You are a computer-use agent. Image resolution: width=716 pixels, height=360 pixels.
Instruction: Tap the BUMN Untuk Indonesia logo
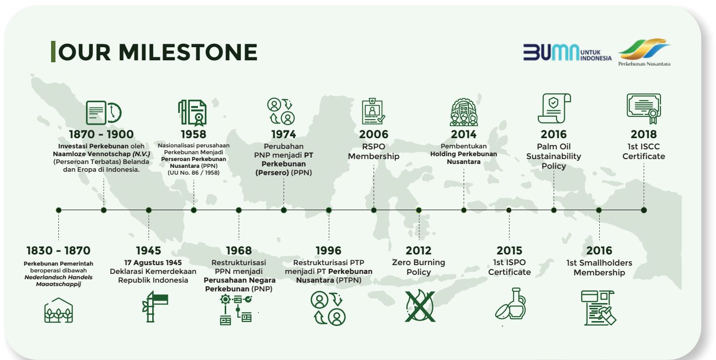[x=567, y=53]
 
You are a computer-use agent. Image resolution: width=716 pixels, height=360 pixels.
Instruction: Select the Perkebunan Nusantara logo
[x=644, y=52]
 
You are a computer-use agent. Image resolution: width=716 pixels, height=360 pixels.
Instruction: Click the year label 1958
[x=194, y=134]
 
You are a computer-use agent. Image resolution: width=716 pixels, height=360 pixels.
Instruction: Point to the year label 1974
[x=284, y=134]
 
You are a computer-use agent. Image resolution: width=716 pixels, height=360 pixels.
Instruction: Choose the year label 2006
[x=374, y=134]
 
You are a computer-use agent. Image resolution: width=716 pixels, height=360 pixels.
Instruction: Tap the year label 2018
[x=644, y=134]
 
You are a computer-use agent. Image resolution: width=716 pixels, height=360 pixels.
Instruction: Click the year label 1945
[x=149, y=251]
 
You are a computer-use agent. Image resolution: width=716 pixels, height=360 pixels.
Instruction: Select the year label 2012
[x=419, y=251]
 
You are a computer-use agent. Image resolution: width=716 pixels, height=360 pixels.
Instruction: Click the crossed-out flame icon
[x=420, y=306]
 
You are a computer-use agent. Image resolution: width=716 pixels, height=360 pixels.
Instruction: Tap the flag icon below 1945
[x=155, y=306]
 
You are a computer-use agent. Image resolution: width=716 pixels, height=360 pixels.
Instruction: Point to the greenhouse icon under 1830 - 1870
[x=58, y=310]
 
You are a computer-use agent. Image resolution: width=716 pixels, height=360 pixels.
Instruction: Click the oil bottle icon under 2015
[x=510, y=304]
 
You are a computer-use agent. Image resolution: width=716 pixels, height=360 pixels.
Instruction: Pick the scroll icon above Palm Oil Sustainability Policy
[x=554, y=108]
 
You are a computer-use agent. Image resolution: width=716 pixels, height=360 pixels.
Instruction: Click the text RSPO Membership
[x=374, y=152]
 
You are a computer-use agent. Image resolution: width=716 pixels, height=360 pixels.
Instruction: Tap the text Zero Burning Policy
[x=419, y=267]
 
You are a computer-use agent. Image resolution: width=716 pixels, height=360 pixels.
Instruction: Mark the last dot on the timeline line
[x=644, y=210]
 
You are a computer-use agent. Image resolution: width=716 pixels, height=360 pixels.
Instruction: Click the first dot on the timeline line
[x=58, y=210]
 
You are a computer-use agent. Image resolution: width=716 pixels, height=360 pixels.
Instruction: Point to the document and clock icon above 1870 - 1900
[x=104, y=112]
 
